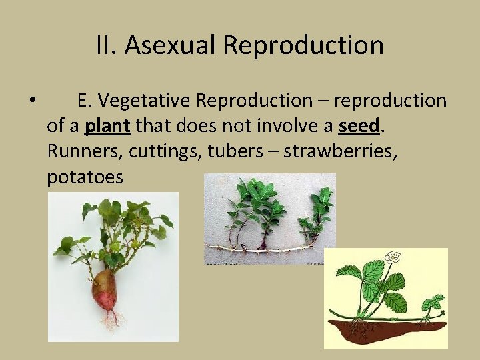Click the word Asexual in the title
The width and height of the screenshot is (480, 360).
point(170,45)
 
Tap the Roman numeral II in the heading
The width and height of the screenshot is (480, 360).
point(106,45)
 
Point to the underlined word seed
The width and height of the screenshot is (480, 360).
point(359,126)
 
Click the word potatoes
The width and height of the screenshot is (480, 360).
point(85,177)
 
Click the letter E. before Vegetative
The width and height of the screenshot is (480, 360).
point(83,101)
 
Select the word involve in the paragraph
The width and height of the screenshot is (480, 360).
point(295,126)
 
